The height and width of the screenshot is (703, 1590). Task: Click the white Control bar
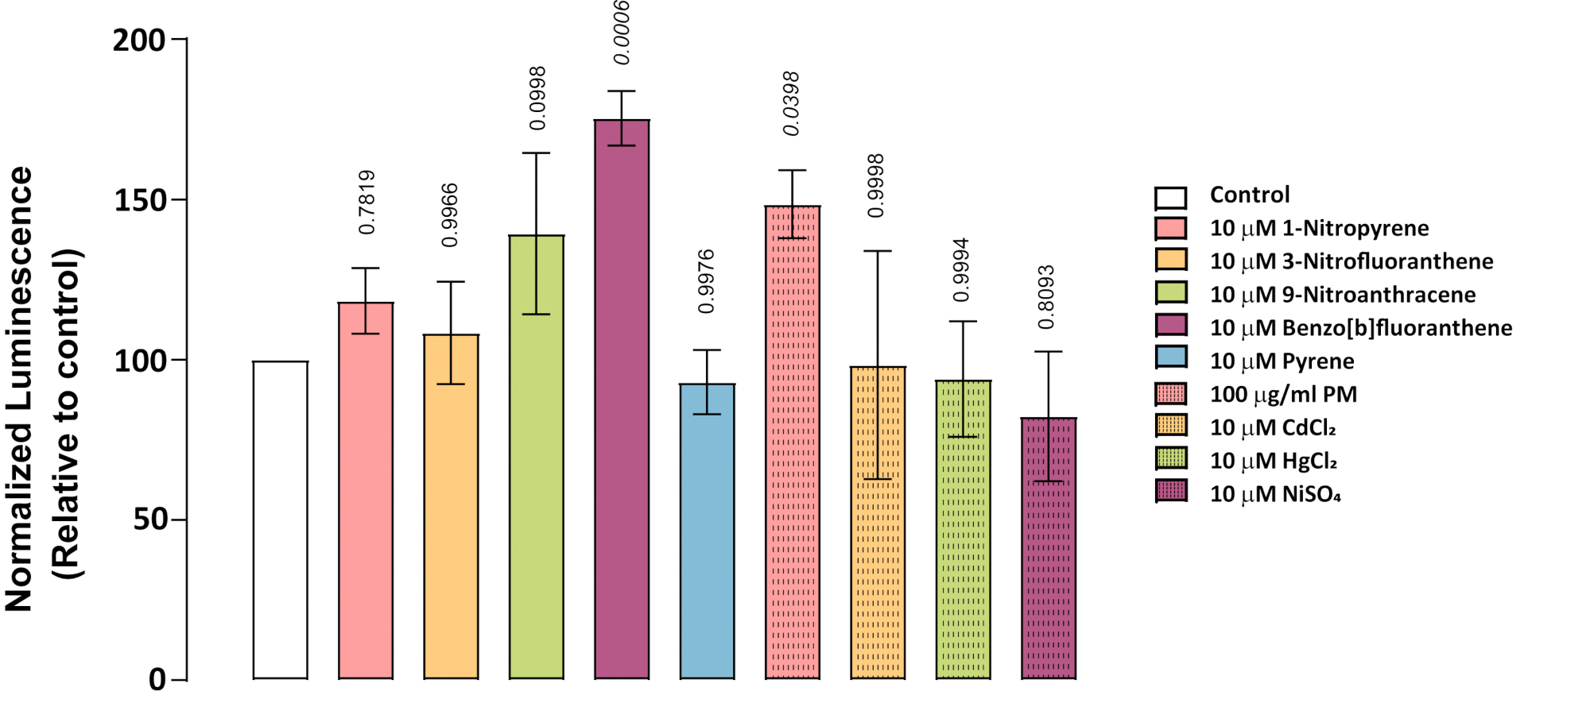pyautogui.click(x=281, y=520)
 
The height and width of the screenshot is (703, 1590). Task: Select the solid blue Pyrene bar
pyautogui.click(x=708, y=531)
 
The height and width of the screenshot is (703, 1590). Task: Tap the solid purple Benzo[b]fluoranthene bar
pyautogui.click(x=622, y=400)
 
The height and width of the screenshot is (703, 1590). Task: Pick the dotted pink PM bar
pyautogui.click(x=793, y=442)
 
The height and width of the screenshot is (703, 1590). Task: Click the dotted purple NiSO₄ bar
pyautogui.click(x=1049, y=548)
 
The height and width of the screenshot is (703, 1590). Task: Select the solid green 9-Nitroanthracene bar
pyautogui.click(x=537, y=457)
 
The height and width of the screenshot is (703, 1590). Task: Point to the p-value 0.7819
pyautogui.click(x=366, y=202)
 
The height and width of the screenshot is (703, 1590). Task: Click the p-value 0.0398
pyautogui.click(x=791, y=103)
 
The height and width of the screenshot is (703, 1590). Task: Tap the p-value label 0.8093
pyautogui.click(x=1046, y=297)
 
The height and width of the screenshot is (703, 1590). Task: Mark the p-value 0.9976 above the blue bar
pyautogui.click(x=706, y=281)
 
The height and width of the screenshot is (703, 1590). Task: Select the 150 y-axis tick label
pyautogui.click(x=139, y=200)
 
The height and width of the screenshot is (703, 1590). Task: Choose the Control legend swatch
pyautogui.click(x=1171, y=197)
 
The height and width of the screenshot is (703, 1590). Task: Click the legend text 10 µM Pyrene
pyautogui.click(x=1282, y=361)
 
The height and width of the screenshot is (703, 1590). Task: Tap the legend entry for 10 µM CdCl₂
pyautogui.click(x=1273, y=427)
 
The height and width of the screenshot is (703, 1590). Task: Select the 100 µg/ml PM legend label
pyautogui.click(x=1284, y=395)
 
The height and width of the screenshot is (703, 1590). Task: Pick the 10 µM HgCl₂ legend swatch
pyautogui.click(x=1171, y=458)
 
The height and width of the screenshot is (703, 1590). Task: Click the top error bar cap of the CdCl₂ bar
pyautogui.click(x=878, y=251)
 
